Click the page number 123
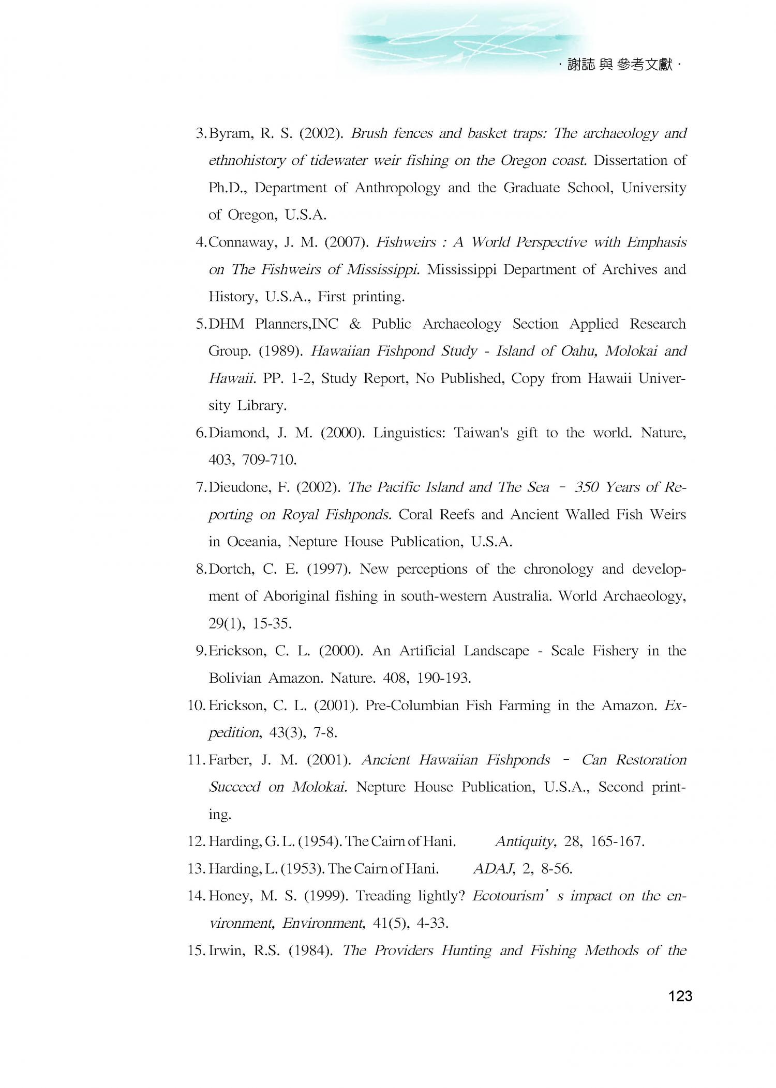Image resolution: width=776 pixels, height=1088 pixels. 680,996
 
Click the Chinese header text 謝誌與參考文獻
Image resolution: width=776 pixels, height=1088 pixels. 620,65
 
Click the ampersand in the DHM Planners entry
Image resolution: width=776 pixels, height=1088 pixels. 355,324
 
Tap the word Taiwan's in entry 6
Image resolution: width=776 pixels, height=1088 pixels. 481,433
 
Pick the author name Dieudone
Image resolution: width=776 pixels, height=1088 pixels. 243,487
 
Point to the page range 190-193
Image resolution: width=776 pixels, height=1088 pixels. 444,678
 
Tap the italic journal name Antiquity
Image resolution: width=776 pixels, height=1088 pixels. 525,841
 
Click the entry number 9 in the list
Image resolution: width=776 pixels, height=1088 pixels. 201,651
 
